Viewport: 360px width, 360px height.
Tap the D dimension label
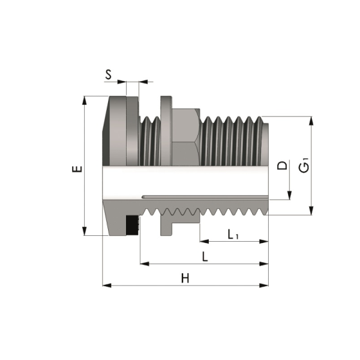click(281, 166)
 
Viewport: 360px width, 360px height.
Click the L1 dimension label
click(233, 234)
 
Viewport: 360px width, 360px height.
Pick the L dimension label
click(204, 256)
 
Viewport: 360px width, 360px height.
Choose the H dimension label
click(185, 278)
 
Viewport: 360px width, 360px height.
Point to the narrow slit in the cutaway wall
click(206, 194)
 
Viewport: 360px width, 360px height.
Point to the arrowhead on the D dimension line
click(289, 194)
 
